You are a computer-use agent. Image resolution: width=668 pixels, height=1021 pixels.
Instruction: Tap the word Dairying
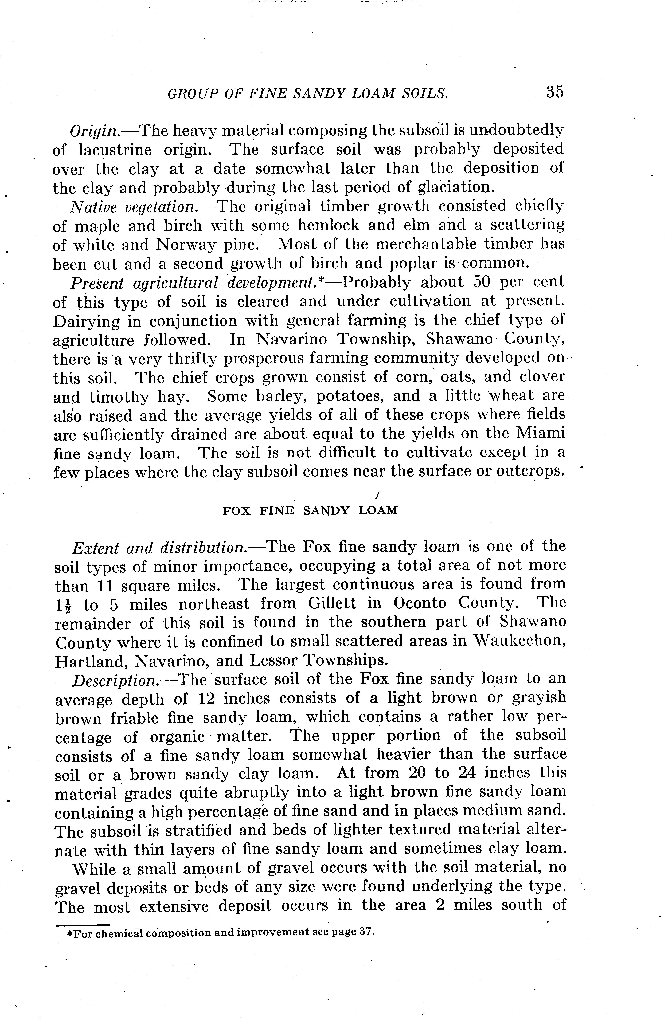[85, 321]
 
